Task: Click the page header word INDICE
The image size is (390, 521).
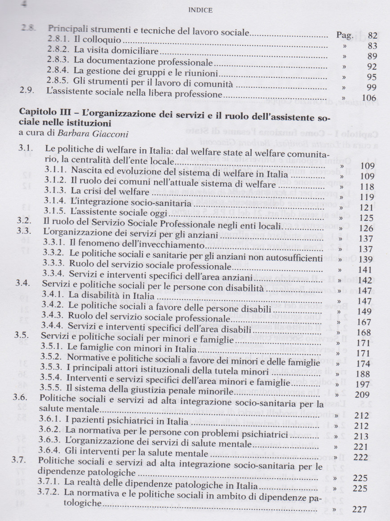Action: [x=195, y=8]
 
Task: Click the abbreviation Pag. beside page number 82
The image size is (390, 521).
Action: [x=345, y=35]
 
